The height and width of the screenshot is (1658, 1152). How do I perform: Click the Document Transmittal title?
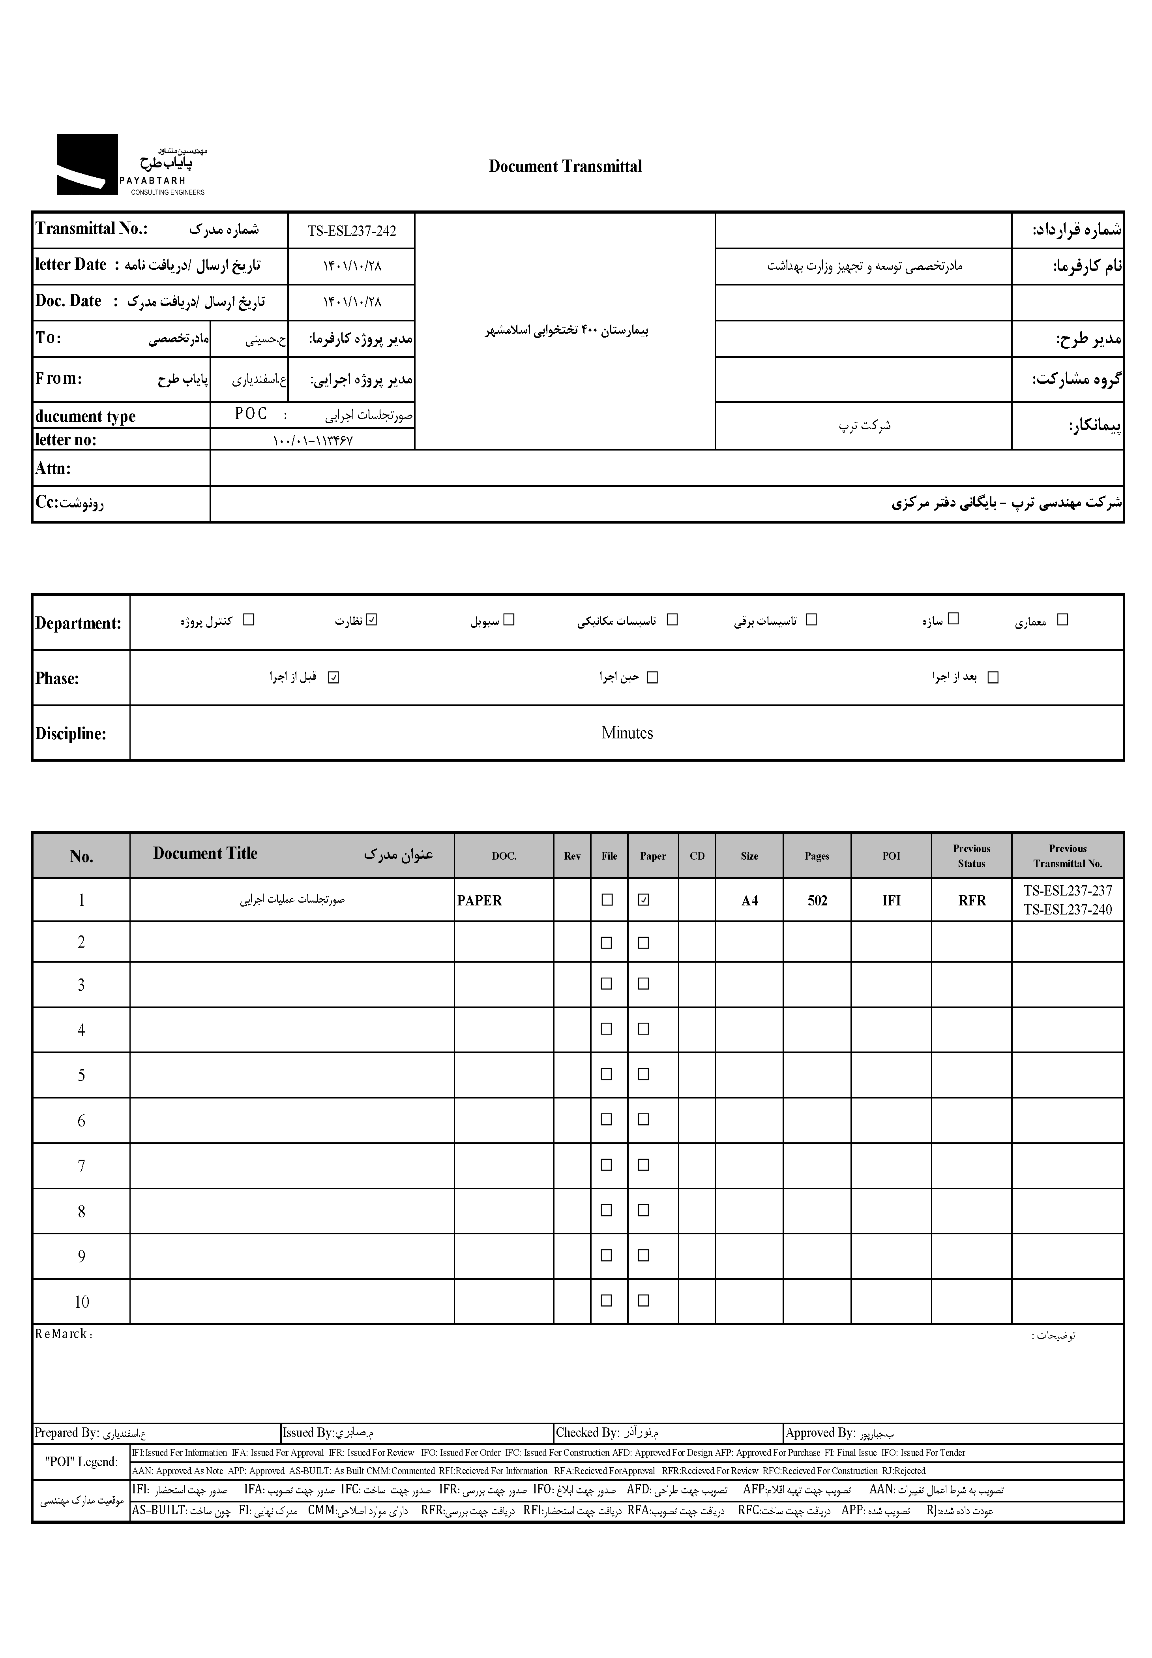(x=565, y=166)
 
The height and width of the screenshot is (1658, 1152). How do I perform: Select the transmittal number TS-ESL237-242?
(x=352, y=231)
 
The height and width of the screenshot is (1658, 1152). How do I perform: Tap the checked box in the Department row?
(x=372, y=619)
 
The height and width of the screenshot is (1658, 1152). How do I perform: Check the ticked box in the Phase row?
(x=333, y=677)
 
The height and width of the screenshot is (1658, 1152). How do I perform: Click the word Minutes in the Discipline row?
(x=627, y=733)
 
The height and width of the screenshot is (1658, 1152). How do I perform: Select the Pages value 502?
(x=817, y=901)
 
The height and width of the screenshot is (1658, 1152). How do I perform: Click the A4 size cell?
(x=749, y=901)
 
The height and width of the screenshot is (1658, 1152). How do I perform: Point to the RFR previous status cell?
(x=972, y=901)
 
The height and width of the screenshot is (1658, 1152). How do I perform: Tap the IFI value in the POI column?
(x=892, y=901)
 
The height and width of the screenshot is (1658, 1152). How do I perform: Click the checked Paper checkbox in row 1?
(x=644, y=900)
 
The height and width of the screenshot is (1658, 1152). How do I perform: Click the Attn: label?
(x=53, y=468)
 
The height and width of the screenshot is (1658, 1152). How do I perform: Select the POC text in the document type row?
(x=251, y=414)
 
